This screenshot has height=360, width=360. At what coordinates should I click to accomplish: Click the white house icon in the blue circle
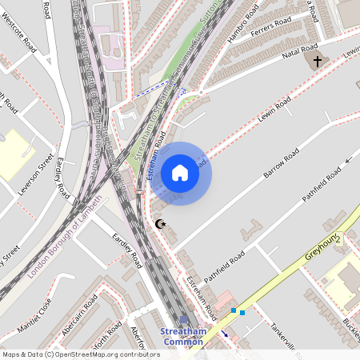(x=180, y=173)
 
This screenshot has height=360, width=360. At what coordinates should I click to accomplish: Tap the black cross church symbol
(x=318, y=62)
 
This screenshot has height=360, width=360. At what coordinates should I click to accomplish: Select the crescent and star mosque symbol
(x=160, y=226)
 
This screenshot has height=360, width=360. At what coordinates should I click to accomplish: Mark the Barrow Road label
(x=281, y=164)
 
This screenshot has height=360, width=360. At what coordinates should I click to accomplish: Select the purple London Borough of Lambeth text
(x=66, y=237)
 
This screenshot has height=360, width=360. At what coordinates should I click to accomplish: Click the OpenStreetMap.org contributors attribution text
(x=104, y=354)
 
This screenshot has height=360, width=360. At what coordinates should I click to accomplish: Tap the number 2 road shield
(x=338, y=238)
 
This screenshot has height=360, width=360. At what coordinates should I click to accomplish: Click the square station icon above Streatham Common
(x=183, y=319)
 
